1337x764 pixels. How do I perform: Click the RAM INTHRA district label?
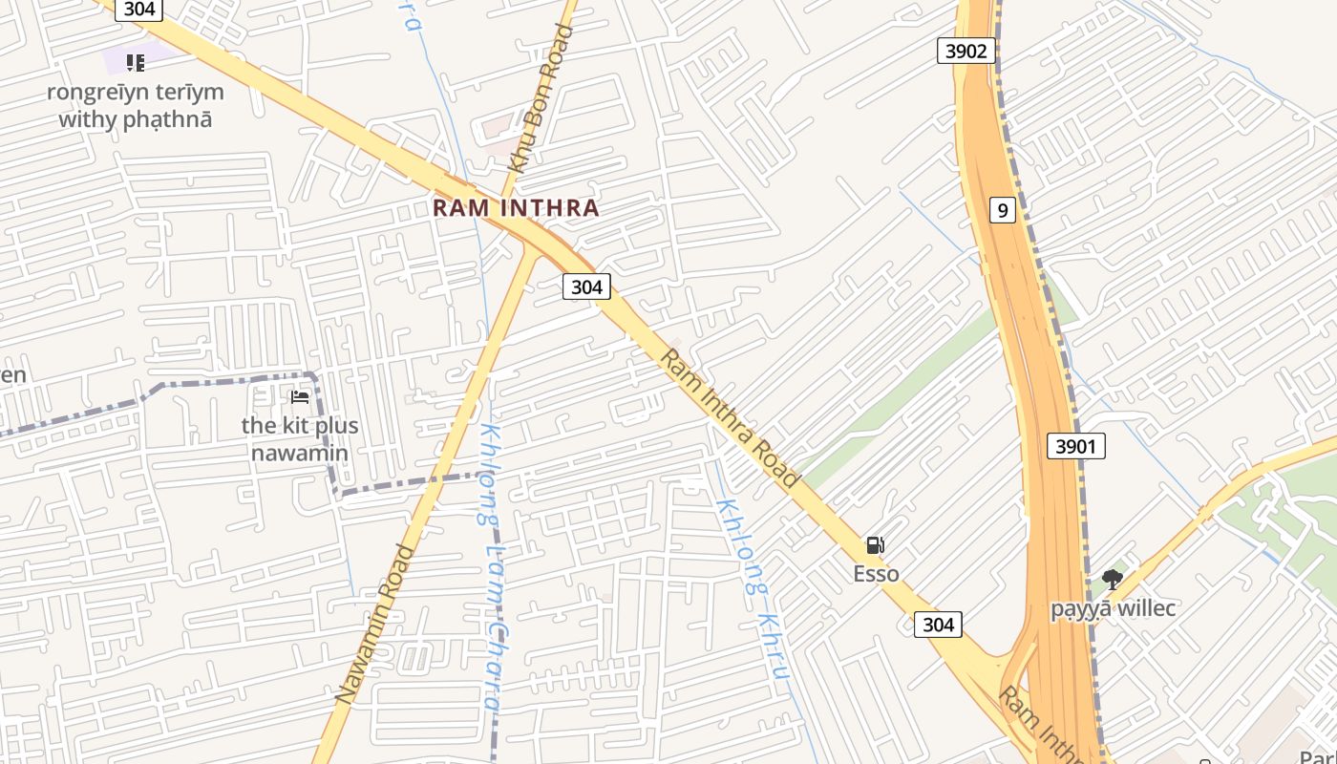(x=516, y=207)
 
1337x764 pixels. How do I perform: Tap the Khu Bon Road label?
(x=541, y=98)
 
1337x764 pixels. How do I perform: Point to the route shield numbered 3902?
(x=966, y=51)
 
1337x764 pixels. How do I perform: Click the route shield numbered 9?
(x=1001, y=209)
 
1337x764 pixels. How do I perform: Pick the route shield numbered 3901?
(x=1075, y=445)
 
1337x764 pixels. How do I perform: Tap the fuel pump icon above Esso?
(x=875, y=545)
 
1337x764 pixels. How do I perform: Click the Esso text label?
(x=876, y=573)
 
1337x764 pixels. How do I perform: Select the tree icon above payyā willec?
(x=1112, y=579)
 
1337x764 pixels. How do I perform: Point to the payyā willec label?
(x=1113, y=608)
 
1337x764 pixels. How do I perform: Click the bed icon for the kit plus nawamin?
(x=300, y=396)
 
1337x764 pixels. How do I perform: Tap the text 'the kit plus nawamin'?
(x=300, y=438)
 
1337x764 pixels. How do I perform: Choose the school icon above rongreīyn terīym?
(x=136, y=63)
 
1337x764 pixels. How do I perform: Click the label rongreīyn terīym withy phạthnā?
(x=136, y=105)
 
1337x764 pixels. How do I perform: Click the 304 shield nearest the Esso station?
(x=938, y=624)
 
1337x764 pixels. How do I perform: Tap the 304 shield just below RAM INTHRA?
(x=585, y=286)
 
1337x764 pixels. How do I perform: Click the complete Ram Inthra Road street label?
(x=729, y=418)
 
